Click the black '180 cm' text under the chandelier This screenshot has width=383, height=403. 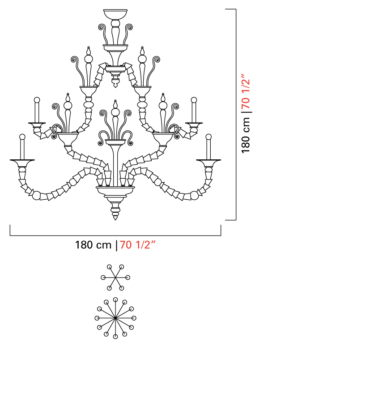[x=93, y=245]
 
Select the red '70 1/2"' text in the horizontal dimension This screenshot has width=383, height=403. [x=137, y=244]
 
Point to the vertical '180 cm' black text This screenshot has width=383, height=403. [x=246, y=135]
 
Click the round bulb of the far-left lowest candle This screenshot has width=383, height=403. [x=22, y=137]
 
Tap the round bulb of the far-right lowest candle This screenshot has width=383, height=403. [x=209, y=137]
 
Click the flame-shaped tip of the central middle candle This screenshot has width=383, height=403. [x=115, y=104]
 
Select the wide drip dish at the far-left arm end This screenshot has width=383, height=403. [x=22, y=163]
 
